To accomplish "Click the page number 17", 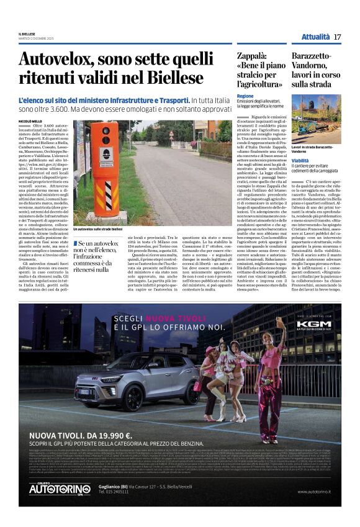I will point(337,37).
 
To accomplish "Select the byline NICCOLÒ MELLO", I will point(32,120).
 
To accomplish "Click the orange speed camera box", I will point(101,168).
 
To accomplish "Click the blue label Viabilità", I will point(300,160).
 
